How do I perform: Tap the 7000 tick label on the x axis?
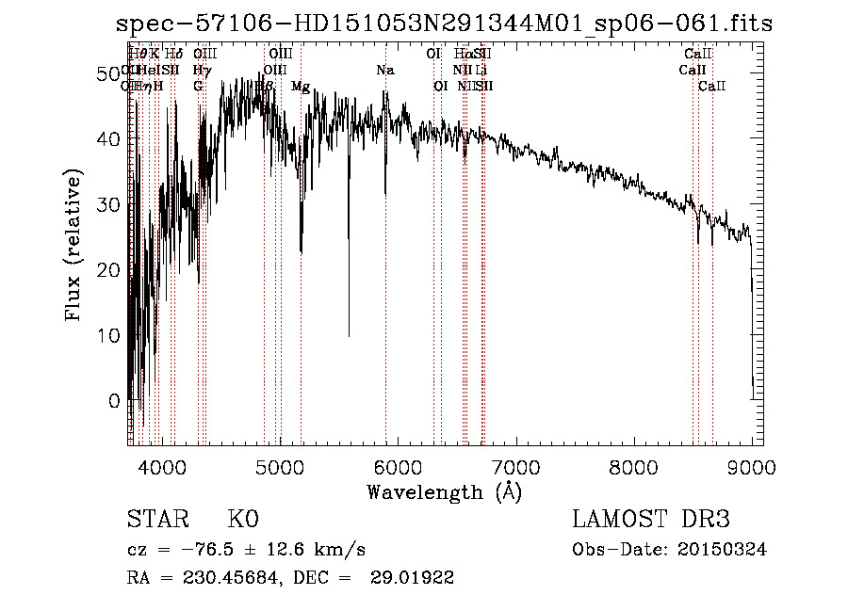[514, 467]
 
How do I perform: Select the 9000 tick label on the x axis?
[751, 467]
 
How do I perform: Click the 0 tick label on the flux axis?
[114, 400]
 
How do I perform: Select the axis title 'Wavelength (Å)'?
[444, 491]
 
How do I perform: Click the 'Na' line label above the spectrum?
[384, 71]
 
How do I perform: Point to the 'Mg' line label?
[301, 87]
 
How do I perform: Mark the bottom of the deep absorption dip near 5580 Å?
[349, 334]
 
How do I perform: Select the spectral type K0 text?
[243, 520]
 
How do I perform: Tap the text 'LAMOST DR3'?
[651, 520]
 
